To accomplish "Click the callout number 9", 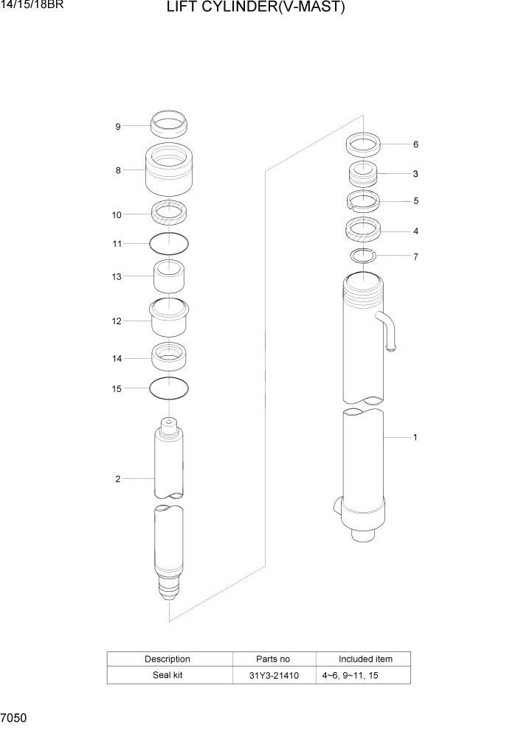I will click(117, 127).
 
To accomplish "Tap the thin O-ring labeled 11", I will click(169, 242).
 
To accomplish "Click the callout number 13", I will click(117, 276).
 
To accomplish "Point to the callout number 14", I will click(117, 359).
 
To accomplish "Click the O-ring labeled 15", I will click(169, 388).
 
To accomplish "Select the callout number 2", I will click(117, 479).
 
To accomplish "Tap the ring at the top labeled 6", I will click(363, 144).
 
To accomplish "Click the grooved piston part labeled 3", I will click(363, 175).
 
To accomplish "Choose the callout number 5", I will click(415, 200).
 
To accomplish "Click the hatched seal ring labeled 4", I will click(363, 231).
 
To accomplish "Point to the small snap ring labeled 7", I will click(363, 256).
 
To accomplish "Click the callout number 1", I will click(415, 438).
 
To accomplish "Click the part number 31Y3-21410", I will click(274, 675).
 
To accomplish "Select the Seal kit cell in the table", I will click(168, 675).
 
